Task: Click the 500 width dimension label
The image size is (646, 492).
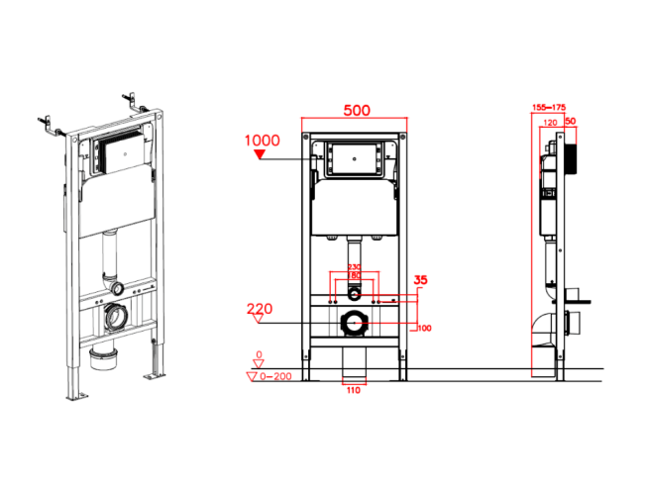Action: pyautogui.click(x=357, y=110)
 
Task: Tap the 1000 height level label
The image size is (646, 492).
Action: pyautogui.click(x=262, y=141)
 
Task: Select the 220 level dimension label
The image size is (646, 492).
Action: pyautogui.click(x=260, y=309)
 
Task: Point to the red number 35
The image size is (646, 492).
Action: pyautogui.click(x=421, y=280)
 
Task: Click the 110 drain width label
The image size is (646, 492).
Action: pyautogui.click(x=354, y=390)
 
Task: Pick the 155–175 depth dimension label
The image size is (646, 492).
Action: pyautogui.click(x=549, y=108)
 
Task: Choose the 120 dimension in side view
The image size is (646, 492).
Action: pyautogui.click(x=550, y=123)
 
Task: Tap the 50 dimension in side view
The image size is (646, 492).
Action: pyautogui.click(x=571, y=121)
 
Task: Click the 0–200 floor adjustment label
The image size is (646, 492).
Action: pyautogui.click(x=275, y=376)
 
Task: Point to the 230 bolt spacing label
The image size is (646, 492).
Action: pyautogui.click(x=354, y=267)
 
